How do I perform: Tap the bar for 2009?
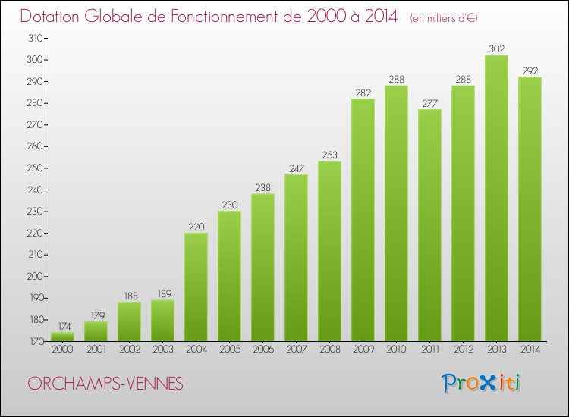tap(363, 220)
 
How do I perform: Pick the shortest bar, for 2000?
tap(62, 337)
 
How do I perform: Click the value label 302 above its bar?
tap(496, 49)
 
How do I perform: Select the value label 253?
tap(329, 155)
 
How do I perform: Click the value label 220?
tap(196, 227)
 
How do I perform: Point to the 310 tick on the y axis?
tap(36, 38)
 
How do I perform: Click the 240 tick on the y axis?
tap(36, 190)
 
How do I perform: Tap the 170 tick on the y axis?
tap(36, 341)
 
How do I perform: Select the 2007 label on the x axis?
tap(296, 350)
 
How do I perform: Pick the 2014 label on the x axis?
tap(530, 350)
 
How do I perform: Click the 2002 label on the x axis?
tap(129, 350)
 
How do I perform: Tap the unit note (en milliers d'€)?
tap(444, 18)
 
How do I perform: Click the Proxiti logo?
tap(482, 383)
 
